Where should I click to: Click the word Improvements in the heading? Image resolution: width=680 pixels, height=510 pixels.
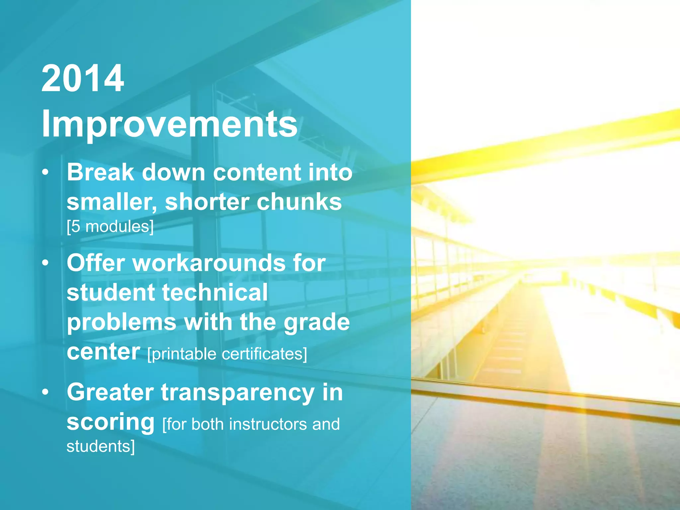point(169,124)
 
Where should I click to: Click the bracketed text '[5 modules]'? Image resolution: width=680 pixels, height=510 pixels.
point(110,227)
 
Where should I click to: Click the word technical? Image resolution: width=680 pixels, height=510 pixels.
point(215,293)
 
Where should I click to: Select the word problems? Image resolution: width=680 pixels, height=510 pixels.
point(122,323)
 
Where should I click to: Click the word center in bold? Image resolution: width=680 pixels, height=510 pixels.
point(103,352)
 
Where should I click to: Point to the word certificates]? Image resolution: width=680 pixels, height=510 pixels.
point(264,354)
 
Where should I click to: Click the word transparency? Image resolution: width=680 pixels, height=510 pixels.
point(238,393)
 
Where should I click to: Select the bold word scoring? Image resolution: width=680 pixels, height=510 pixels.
point(110,422)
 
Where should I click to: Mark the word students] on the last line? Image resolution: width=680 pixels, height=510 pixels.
point(101,446)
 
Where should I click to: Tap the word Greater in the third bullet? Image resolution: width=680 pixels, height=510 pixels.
point(110,392)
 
